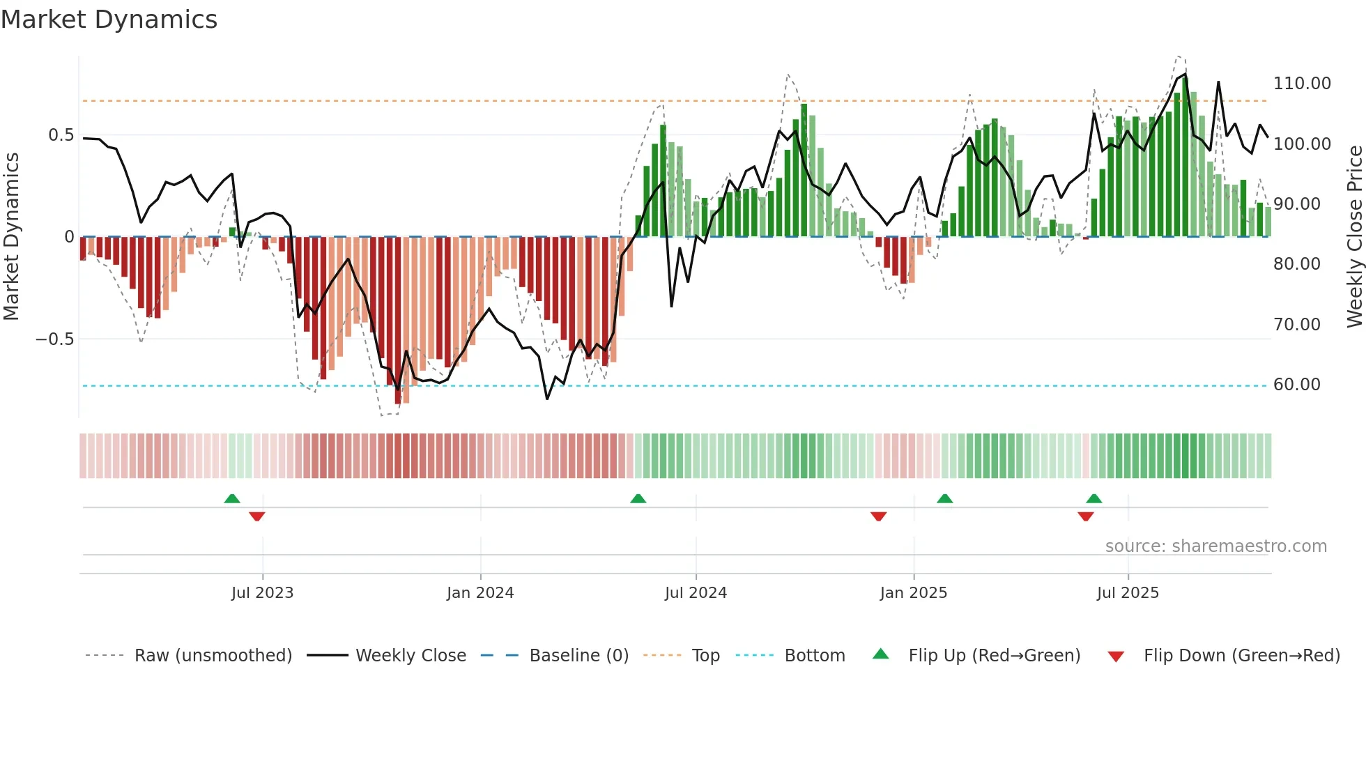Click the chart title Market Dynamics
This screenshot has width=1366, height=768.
coord(109,20)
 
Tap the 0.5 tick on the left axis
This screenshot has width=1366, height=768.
coord(61,135)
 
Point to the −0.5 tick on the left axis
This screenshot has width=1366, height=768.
coord(54,339)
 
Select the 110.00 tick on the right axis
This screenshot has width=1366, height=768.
coord(1302,84)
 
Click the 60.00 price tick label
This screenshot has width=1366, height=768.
coord(1296,385)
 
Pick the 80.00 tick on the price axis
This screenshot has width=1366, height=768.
coord(1296,264)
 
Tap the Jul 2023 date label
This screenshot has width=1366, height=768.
coord(262,593)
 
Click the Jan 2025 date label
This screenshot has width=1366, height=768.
coord(913,593)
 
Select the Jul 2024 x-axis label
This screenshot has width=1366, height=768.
coord(696,593)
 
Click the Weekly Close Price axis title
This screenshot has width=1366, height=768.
coord(1354,237)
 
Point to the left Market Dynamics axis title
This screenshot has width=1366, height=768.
coord(11,237)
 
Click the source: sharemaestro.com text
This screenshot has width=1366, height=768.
coord(1215,546)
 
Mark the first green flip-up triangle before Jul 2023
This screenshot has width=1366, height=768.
coord(232,499)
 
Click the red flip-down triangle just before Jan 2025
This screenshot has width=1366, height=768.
coord(878,516)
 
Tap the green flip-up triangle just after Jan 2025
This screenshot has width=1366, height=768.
coord(944,499)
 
